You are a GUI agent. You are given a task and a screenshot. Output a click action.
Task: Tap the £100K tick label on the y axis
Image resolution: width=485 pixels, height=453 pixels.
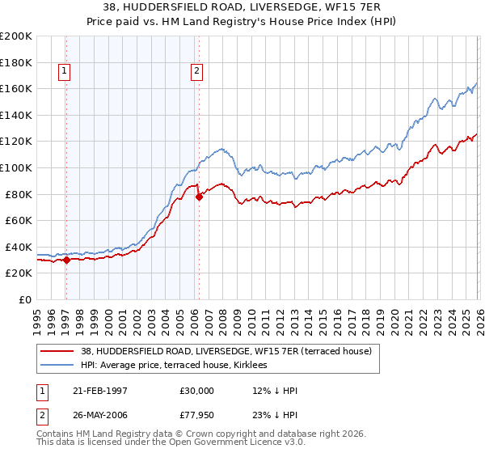click(16, 167)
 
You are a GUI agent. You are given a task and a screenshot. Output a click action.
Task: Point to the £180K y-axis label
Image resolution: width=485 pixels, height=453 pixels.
click(16, 62)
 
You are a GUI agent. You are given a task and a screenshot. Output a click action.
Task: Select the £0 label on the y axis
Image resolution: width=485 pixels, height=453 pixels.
click(24, 299)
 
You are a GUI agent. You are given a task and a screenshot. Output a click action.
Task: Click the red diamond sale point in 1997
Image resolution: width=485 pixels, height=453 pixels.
click(67, 260)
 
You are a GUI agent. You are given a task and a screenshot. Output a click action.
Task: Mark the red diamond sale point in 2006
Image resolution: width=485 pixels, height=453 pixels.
click(199, 197)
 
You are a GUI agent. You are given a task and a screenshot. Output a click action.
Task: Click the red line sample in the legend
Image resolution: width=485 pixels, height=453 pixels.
click(57, 351)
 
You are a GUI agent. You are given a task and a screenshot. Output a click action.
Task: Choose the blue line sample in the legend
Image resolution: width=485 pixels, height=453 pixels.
click(57, 366)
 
